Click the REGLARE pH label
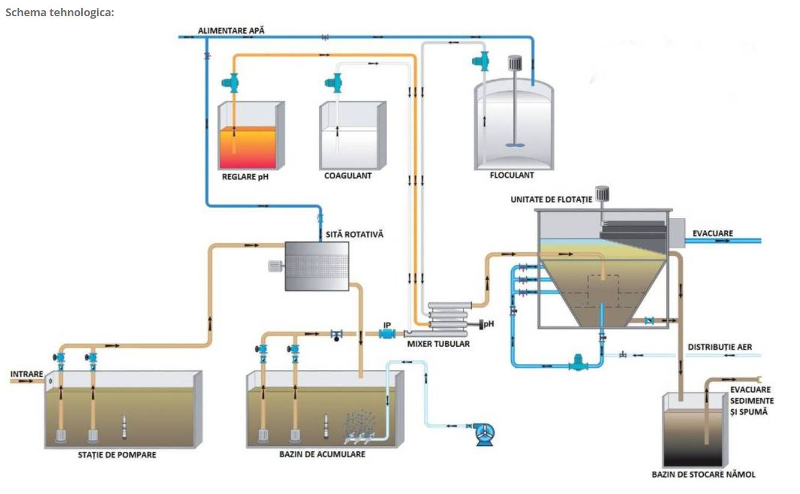(244, 177)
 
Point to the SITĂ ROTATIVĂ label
(355, 234)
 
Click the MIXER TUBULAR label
(438, 344)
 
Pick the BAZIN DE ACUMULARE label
(322, 454)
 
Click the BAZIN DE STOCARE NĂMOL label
(703, 475)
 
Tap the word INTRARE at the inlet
(27, 374)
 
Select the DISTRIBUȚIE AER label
(719, 347)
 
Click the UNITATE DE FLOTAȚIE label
(551, 199)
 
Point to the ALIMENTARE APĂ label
(232, 30)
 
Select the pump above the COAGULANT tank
(333, 82)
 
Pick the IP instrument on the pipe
(387, 333)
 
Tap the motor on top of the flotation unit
(601, 194)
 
